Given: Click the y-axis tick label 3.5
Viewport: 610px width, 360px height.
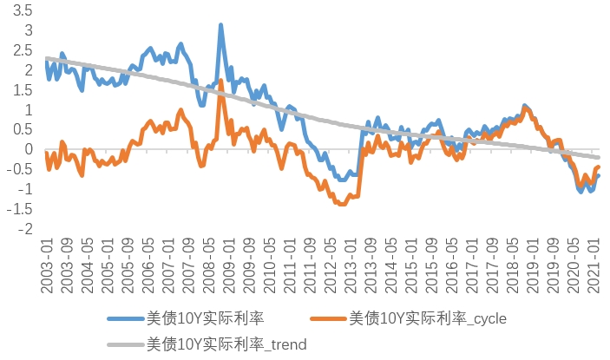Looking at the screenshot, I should (22, 10).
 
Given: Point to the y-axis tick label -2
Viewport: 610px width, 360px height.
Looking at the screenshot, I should (24, 229).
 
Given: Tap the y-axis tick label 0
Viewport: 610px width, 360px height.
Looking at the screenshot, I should (28, 149).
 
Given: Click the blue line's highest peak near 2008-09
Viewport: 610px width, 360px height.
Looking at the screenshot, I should (220, 26).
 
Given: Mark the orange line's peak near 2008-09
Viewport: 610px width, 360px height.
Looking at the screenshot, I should (221, 82).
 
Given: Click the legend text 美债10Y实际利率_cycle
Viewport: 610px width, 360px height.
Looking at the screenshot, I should (428, 319).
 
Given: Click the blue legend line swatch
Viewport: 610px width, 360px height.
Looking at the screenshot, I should (127, 319).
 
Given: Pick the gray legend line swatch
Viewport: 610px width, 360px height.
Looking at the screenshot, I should (127, 344).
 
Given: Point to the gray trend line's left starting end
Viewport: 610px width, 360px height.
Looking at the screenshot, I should (45, 58).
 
